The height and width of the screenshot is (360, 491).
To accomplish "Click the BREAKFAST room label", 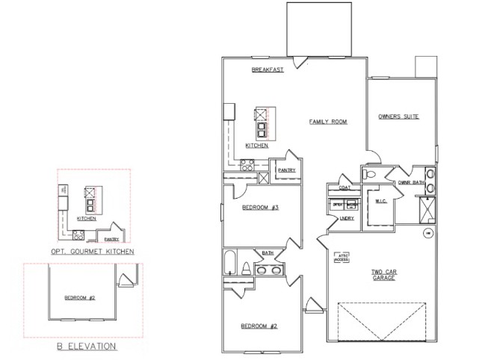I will [x=267, y=69].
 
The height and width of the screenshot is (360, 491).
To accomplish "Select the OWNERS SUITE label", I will [x=398, y=117].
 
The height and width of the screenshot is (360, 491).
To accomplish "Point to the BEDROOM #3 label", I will [x=260, y=207].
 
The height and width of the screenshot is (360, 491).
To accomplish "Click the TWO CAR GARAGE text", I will [x=383, y=274].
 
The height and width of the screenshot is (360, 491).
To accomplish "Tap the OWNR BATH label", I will [x=411, y=182].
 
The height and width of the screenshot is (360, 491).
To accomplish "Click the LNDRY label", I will [x=347, y=218].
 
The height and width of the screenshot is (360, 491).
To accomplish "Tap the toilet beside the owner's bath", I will [x=371, y=174].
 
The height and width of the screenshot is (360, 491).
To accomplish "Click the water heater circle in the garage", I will [x=428, y=233].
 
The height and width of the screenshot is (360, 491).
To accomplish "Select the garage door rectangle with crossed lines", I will [x=383, y=322].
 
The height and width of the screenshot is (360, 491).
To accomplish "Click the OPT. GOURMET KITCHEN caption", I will [x=93, y=252].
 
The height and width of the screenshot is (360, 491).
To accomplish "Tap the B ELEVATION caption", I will [x=87, y=346].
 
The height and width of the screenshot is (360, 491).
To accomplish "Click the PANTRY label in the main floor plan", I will [x=286, y=170].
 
